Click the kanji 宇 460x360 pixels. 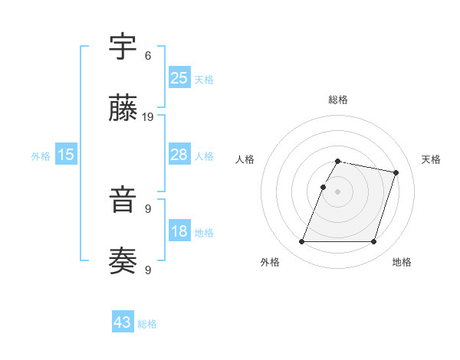pyautogui.click(x=123, y=48)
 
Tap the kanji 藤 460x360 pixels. pyautogui.click(x=123, y=110)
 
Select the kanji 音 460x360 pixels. pyautogui.click(x=123, y=202)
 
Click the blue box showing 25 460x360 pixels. pyautogui.click(x=179, y=78)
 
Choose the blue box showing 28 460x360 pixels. pyautogui.click(x=179, y=155)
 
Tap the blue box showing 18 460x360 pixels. pyautogui.click(x=179, y=232)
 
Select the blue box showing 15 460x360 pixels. pyautogui.click(x=66, y=155)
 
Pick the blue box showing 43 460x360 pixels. pyautogui.click(x=123, y=322)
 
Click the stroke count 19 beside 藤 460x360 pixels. pyautogui.click(x=149, y=117)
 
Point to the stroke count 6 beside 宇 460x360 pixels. pyautogui.click(x=148, y=56)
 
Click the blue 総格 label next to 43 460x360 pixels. pyautogui.click(x=147, y=324)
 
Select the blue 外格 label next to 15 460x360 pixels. pyautogui.click(x=41, y=156)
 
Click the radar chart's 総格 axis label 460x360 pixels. pyautogui.click(x=338, y=100)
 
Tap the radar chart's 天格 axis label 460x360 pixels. pyautogui.click(x=431, y=159)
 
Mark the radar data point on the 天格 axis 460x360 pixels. pyautogui.click(x=396, y=173)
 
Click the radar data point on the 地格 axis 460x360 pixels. pyautogui.click(x=373, y=242)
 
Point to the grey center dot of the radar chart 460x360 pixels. pyautogui.click(x=338, y=191)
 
